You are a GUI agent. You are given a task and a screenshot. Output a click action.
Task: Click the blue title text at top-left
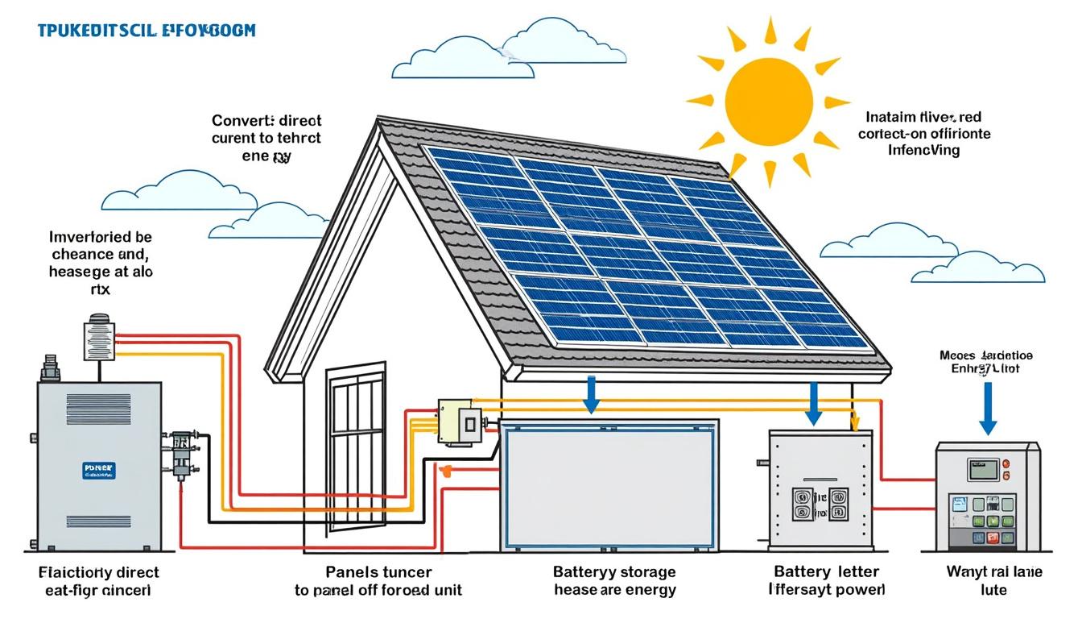pyautogui.click(x=146, y=31)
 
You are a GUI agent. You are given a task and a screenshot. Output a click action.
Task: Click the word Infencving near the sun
pyautogui.click(x=923, y=150)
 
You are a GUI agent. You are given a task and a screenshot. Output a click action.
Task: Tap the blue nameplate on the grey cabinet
pyautogui.click(x=98, y=471)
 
